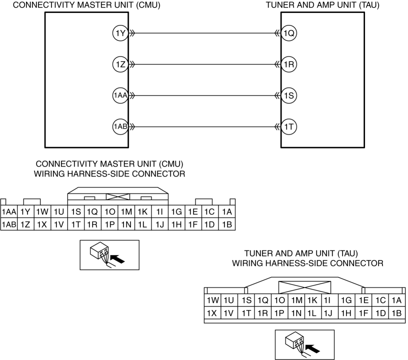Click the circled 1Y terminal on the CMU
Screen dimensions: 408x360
(120, 33)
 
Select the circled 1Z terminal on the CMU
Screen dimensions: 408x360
(120, 64)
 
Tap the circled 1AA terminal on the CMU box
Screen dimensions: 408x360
(120, 95)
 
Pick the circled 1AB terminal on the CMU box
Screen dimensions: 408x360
(120, 126)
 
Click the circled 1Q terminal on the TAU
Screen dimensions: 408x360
(289, 33)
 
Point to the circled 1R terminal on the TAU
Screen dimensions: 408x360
(289, 64)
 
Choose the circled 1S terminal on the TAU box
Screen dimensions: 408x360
(289, 95)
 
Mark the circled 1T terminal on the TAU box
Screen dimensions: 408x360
(289, 126)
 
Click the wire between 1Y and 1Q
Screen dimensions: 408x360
(204, 33)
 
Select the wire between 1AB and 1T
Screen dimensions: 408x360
(204, 126)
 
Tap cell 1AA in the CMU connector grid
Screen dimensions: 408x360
(9, 211)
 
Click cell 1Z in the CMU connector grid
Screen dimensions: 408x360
(25, 224)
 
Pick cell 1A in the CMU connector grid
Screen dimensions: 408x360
(227, 211)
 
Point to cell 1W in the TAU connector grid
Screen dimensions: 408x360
(213, 300)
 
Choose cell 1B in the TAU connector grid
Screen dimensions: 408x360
(397, 313)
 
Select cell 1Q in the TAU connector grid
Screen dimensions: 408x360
(263, 300)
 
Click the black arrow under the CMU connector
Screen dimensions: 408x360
(117, 259)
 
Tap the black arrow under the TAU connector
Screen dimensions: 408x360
(312, 348)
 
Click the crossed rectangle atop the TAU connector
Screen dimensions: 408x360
(304, 287)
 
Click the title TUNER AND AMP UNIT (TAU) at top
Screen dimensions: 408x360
(322, 5)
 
